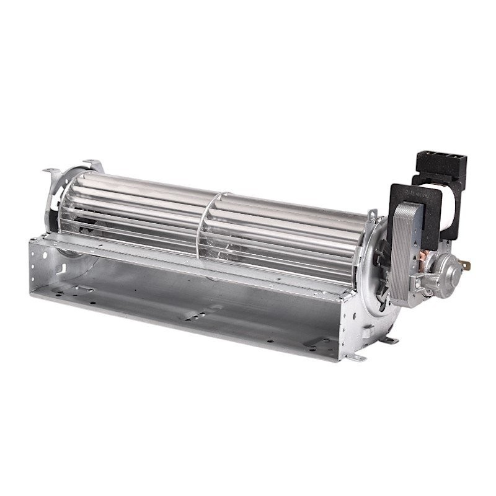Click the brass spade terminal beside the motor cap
pyautogui.click(x=466, y=265)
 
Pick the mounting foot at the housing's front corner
pyautogui.click(x=358, y=358)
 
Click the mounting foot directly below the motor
pyautogui.click(x=391, y=340)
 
